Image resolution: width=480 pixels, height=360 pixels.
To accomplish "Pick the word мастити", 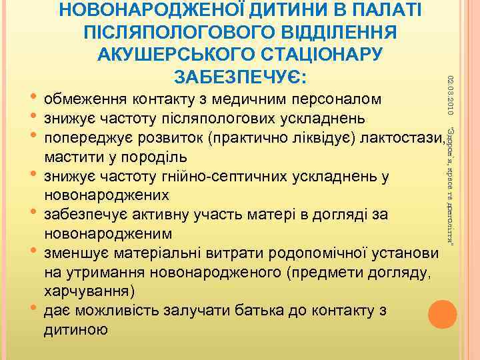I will coord(69,158).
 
